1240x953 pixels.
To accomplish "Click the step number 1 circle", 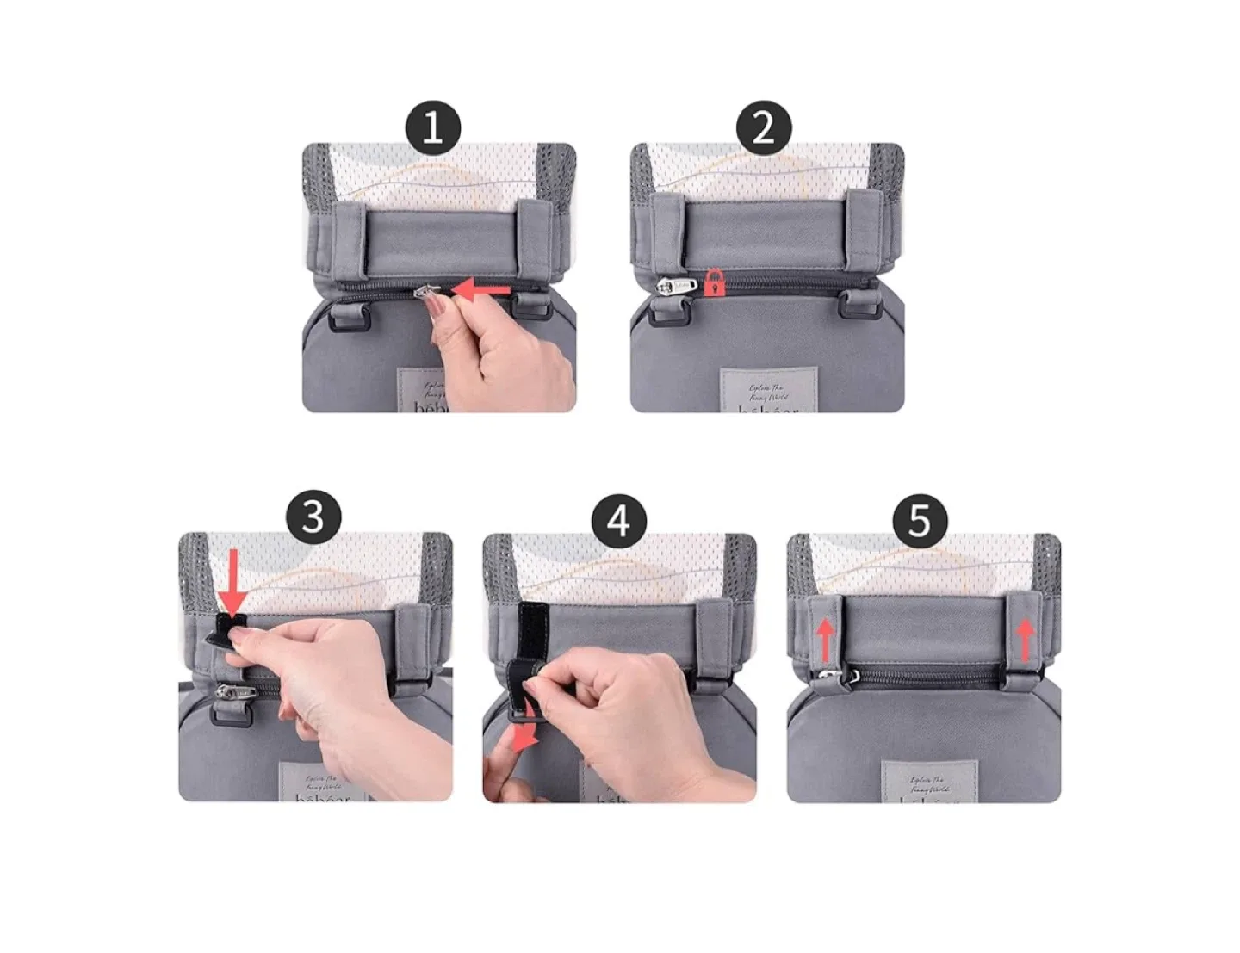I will click(x=432, y=128).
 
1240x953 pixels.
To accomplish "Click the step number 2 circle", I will click(x=763, y=128).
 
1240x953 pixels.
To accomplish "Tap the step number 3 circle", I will click(x=313, y=517).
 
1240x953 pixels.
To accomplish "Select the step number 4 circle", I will click(x=619, y=521).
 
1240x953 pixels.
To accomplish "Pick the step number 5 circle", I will click(x=920, y=521).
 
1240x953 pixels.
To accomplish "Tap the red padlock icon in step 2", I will click(x=714, y=282).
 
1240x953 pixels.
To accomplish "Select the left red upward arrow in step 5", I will click(x=825, y=640).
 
